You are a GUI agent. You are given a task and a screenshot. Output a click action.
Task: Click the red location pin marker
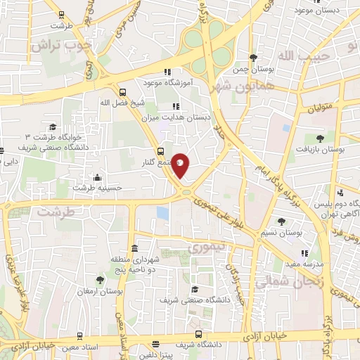(x=181, y=165)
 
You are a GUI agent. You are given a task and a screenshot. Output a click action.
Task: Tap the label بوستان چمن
(x=253, y=69)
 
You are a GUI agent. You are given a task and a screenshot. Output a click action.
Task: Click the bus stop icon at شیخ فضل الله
(x=123, y=92)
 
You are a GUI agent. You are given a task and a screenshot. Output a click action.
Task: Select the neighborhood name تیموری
(x=206, y=248)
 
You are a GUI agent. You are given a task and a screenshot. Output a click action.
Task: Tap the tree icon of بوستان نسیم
(x=281, y=221)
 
